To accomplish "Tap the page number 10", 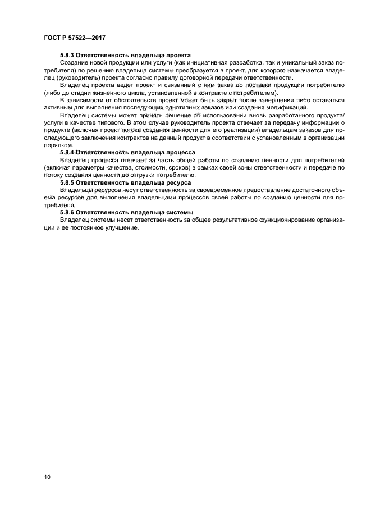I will point(47,477).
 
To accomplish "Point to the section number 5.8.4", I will point(66,153).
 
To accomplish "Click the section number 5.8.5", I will point(66,183).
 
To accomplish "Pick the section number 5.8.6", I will point(66,213).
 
